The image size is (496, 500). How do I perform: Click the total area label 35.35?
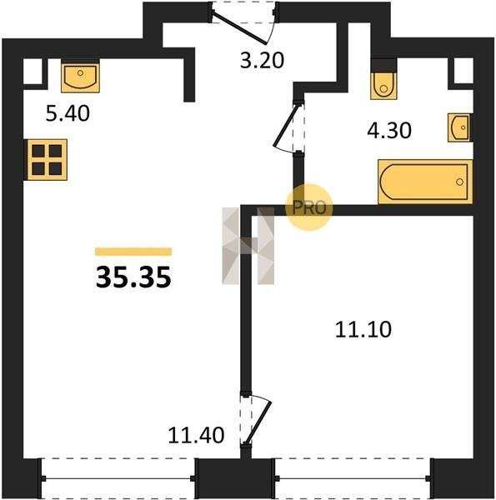tap(133, 277)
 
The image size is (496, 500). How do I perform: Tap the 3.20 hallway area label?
tap(262, 61)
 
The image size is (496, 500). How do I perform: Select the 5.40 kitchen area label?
tap(68, 113)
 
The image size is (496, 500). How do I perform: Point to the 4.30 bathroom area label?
tap(389, 131)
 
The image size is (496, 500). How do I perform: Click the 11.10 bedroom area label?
tap(363, 330)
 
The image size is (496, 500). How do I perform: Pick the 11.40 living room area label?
tap(196, 435)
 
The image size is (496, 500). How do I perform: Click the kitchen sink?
tap(80, 77)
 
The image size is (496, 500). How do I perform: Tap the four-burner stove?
tap(47, 160)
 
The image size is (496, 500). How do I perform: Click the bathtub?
tap(425, 182)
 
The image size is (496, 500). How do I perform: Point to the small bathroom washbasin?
tap(460, 127)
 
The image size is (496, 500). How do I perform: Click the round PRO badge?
tap(309, 207)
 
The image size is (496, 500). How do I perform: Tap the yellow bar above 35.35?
tap(133, 252)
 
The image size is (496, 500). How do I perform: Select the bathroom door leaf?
tap(286, 126)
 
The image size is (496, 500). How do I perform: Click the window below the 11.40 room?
tap(118, 478)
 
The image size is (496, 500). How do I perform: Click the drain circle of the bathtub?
tap(459, 182)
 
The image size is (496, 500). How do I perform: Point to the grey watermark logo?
tap(248, 246)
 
